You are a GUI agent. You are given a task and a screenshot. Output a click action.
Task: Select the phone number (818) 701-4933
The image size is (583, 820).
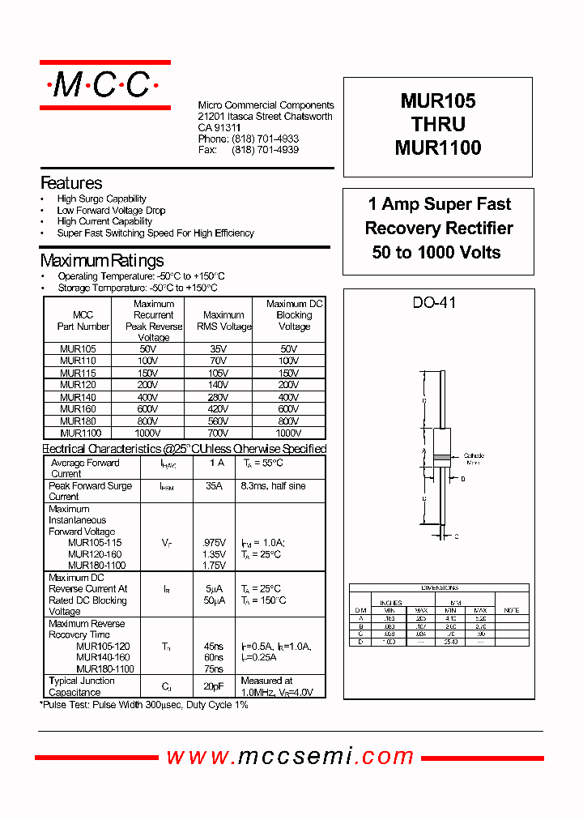pos(265,139)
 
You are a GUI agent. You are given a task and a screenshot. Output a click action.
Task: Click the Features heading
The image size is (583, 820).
pos(71,183)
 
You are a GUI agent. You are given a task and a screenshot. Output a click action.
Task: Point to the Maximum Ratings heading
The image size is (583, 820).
pos(102,260)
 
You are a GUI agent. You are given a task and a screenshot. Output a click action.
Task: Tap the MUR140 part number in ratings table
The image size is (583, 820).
pos(78,398)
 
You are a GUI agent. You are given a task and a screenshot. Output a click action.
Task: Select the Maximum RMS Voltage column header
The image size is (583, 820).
pos(223,321)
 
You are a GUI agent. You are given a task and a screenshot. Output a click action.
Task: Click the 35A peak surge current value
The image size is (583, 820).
pos(214,486)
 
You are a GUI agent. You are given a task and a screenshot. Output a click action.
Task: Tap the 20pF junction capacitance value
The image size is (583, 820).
pos(214,686)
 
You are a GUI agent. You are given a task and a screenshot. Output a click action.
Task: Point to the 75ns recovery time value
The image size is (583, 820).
pos(214,669)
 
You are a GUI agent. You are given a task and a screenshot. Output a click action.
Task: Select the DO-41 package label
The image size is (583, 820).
pos(435,303)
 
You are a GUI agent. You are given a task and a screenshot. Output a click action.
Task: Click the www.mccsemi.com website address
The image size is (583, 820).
pos(291,757)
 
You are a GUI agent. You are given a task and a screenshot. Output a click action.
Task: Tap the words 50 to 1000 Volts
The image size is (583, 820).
pos(436,252)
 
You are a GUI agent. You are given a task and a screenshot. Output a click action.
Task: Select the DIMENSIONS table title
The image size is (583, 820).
pos(440,587)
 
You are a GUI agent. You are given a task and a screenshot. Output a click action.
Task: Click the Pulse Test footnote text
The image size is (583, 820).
pos(144,705)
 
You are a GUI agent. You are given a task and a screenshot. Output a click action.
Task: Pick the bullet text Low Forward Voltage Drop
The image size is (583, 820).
pos(111,210)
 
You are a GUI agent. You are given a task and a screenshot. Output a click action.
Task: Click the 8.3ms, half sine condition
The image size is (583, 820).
pos(273,486)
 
